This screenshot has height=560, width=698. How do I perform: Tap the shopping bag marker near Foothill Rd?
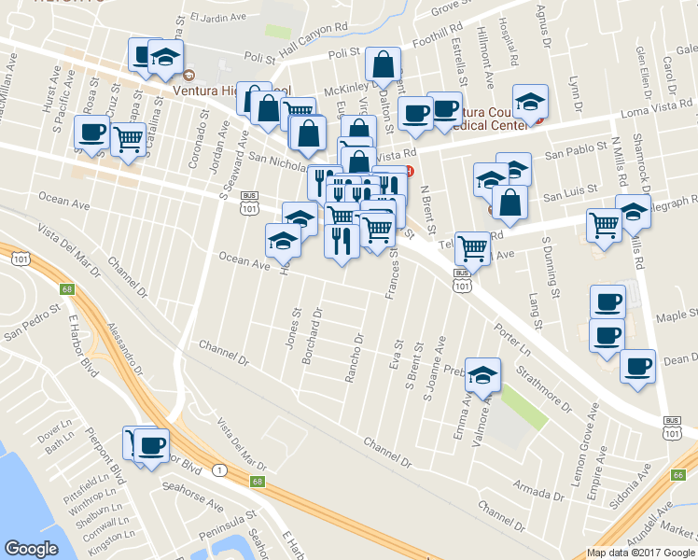point(383,65)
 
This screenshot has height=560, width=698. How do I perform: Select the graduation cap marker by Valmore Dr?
point(483,376)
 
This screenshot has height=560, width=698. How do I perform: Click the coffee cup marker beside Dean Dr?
point(637,367)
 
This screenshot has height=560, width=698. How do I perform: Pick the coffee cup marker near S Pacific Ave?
point(92,134)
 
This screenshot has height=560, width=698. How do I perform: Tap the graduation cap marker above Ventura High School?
point(165,58)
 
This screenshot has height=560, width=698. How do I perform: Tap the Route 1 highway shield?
point(218,469)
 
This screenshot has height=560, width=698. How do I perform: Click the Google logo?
point(31,549)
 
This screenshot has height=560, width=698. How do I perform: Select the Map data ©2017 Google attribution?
point(640,553)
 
